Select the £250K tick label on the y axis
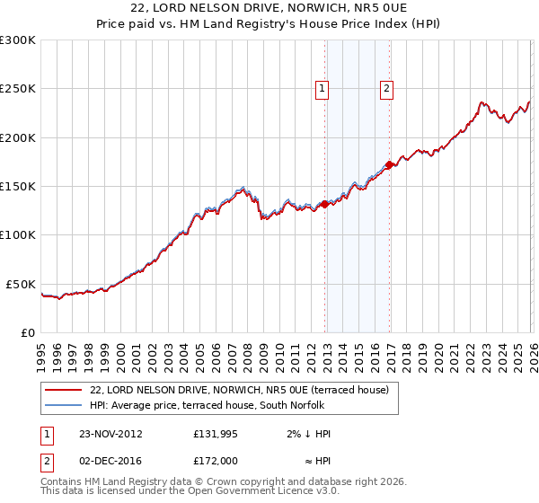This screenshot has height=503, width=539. tap(18, 89)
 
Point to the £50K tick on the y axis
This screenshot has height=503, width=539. tap(21, 284)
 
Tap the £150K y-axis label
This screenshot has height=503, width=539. tap(18, 186)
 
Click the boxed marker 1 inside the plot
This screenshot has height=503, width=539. tap(322, 88)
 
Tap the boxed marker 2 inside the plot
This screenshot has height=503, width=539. tap(386, 88)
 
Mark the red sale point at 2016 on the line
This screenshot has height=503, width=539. tap(389, 165)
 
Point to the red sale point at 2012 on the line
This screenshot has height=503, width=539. tap(324, 205)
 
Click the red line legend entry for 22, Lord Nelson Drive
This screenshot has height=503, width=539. tap(239, 390)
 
